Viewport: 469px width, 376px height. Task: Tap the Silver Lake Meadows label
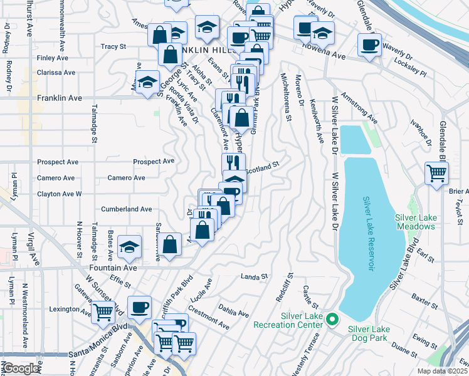[x=416, y=221]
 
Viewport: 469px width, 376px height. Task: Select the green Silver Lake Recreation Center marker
[x=334, y=320]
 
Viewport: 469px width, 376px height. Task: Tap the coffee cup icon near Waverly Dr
[x=369, y=45]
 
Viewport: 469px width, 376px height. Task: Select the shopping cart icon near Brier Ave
[x=437, y=172]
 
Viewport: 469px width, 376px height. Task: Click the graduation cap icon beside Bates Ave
[x=130, y=248]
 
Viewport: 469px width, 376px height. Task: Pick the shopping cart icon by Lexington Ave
[x=103, y=311]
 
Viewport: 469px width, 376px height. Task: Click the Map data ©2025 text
[x=444, y=371]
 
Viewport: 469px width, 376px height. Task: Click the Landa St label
[x=255, y=276]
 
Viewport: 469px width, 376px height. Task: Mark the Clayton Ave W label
[x=60, y=194]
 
